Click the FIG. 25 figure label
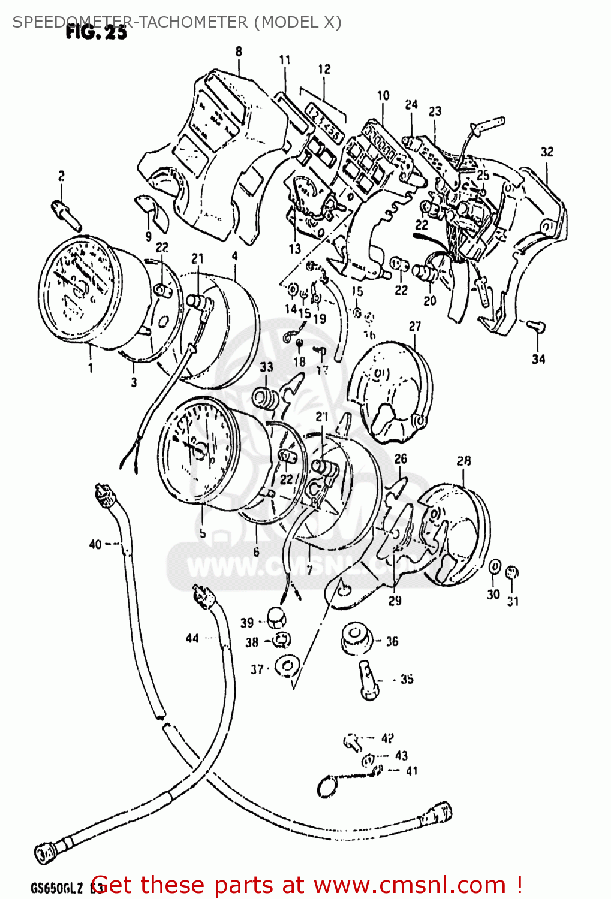coord(96,32)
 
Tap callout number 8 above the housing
coord(239,52)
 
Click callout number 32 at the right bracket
coord(547,152)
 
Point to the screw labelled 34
coord(535,327)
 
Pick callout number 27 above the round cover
coord(415,327)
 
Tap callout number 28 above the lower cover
coord(463,461)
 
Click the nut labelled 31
coord(512,572)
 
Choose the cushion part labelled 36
coord(355,639)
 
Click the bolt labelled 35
coord(368,680)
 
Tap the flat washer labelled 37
coord(287,666)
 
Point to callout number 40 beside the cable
coord(95,544)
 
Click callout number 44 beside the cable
coord(192,638)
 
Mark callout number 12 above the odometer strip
coord(324,69)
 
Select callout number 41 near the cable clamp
coord(411,771)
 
